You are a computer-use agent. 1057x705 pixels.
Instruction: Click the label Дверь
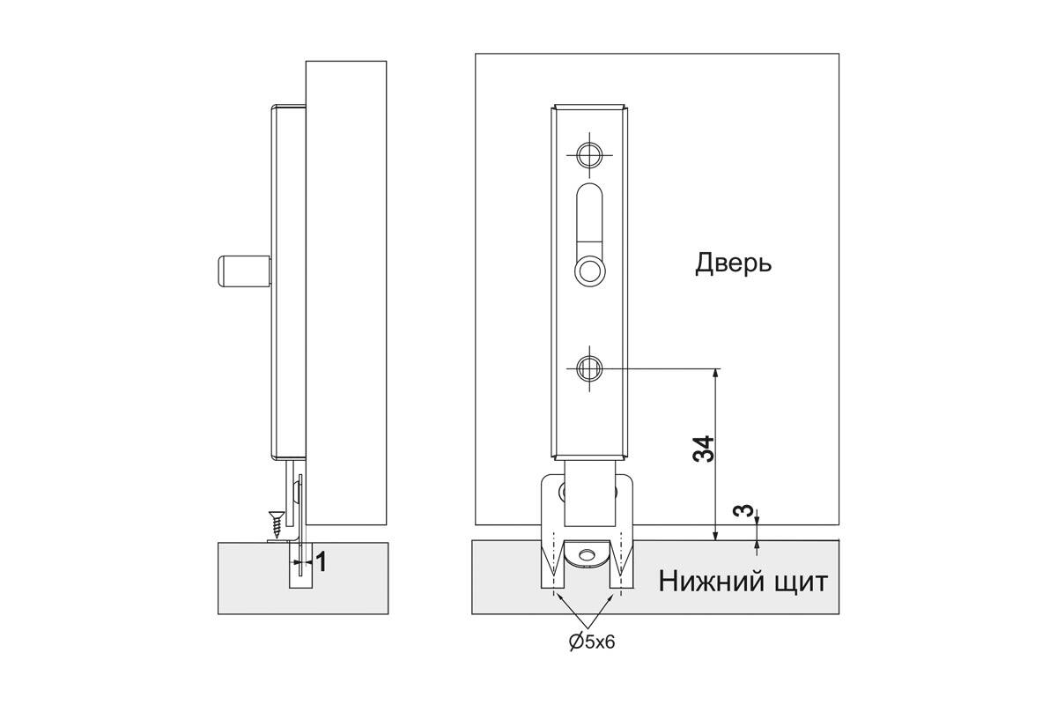[733, 264]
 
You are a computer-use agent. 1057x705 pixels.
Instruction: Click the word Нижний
[711, 582]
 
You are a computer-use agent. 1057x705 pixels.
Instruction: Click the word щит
[801, 583]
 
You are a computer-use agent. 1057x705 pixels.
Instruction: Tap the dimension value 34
[704, 449]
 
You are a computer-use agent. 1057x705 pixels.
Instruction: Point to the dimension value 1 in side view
[321, 562]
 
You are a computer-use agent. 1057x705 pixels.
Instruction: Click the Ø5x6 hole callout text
[592, 642]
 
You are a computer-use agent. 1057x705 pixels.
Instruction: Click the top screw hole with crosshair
[589, 155]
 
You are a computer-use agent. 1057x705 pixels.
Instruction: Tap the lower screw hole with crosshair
[589, 368]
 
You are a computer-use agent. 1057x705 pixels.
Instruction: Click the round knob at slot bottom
[589, 271]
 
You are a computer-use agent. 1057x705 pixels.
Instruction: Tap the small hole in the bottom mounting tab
[588, 553]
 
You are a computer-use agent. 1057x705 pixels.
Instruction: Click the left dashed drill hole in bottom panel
[552, 565]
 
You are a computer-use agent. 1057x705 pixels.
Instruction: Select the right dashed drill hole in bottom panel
[621, 565]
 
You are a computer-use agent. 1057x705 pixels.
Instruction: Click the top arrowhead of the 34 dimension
[715, 374]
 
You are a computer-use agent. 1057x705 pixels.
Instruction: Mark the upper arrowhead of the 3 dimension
[757, 520]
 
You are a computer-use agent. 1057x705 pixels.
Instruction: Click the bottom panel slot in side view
[300, 565]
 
